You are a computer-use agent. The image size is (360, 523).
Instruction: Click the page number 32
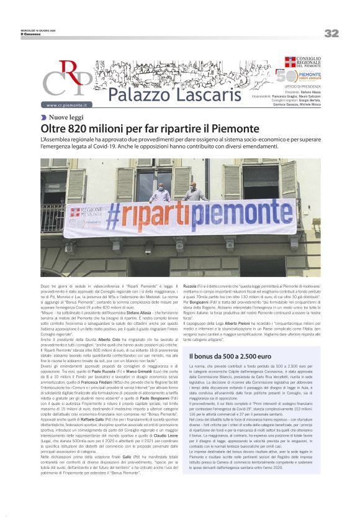coord(331,33)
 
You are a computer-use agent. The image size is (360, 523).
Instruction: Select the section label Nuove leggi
coord(67,117)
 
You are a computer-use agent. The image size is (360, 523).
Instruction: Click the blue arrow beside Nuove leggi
coord(44,117)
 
